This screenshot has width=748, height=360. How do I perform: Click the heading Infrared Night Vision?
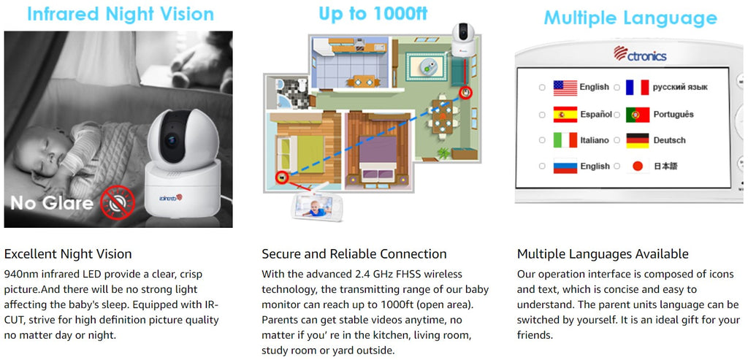coord(121,14)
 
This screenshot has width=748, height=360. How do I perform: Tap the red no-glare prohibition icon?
coord(118,202)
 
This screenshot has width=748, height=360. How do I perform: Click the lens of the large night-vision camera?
coord(170,141)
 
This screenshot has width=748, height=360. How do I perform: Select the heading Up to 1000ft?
coord(373,14)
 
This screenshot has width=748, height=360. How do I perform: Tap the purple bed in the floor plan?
coord(378,154)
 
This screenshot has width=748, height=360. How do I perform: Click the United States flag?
coord(565,88)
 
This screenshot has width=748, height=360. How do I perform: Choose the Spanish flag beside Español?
coord(565,115)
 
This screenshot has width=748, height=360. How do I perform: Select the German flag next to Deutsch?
coord(638,141)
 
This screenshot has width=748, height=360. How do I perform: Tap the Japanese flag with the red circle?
coord(638,166)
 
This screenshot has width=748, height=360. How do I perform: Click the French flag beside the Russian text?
coord(638,88)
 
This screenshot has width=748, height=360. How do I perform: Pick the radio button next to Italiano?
coord(542,141)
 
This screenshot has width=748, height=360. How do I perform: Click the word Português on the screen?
coord(673,115)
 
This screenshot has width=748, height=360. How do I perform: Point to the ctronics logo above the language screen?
coord(640,53)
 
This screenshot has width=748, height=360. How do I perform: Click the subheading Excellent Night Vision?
coord(68,253)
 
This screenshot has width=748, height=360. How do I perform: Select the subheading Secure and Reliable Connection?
coord(354,253)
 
